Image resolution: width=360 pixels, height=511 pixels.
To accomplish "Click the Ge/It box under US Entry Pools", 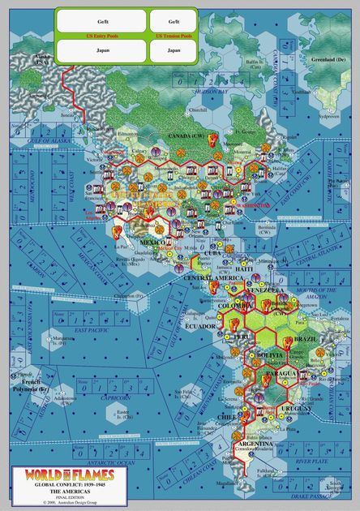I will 101,20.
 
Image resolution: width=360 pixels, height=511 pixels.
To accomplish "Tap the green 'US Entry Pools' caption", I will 101,36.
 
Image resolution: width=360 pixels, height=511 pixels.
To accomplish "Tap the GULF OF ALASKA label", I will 37,140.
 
